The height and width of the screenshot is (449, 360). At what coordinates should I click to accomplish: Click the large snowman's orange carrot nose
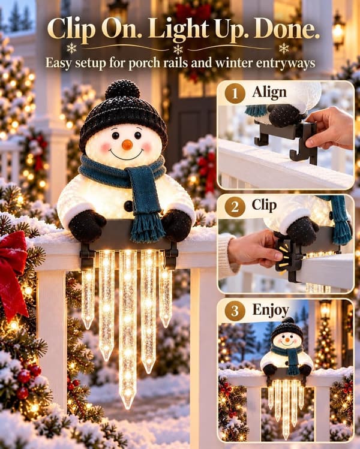tap(127, 145)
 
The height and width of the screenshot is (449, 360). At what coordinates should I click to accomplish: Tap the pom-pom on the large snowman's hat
tap(122, 90)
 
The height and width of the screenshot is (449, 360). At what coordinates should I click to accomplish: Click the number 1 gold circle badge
tap(235, 94)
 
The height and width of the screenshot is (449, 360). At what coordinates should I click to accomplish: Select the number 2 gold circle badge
tap(235, 206)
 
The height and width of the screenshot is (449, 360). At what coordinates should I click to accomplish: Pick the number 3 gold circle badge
tap(235, 311)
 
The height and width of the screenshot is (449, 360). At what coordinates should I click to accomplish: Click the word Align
tap(269, 93)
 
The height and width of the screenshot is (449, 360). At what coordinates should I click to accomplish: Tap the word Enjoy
tap(271, 311)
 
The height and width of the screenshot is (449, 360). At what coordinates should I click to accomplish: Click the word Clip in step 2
tap(264, 206)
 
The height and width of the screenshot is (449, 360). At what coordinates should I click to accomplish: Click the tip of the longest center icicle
tap(127, 408)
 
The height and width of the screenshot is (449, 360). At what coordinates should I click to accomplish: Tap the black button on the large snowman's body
tap(128, 206)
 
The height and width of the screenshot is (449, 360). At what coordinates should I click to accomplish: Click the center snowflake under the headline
tap(178, 49)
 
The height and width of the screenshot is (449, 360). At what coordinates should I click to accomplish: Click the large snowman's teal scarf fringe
tap(147, 231)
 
